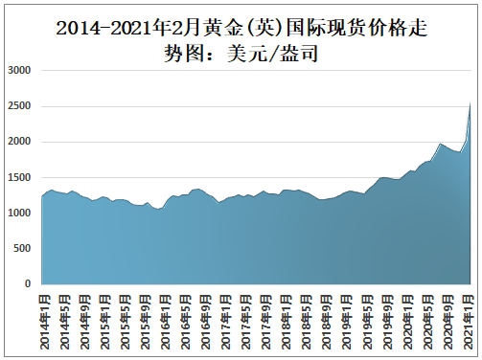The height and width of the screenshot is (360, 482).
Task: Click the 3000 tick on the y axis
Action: click(21, 71)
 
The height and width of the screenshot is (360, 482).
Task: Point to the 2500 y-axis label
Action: click(21, 106)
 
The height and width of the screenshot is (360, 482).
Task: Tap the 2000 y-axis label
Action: click(21, 142)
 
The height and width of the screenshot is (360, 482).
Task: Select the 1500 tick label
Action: click(21, 177)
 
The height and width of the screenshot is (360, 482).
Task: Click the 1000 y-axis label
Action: click(21, 213)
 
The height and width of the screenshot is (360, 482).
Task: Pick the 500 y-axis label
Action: click(24, 248)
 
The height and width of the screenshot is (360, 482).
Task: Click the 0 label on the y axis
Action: click(30, 283)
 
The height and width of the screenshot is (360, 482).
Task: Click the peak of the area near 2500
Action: click(470, 103)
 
